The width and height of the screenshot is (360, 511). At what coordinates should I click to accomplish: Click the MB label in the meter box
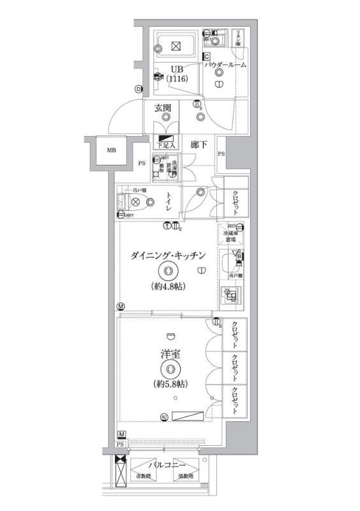pos(111,151)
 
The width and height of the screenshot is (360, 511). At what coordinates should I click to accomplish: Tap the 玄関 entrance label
pos(162,109)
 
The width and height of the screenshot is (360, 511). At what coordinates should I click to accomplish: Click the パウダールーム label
pos(225,65)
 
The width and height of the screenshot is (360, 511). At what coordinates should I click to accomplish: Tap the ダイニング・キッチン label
pos(168,256)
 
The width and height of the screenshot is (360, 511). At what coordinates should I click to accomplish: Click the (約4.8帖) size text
pos(169,286)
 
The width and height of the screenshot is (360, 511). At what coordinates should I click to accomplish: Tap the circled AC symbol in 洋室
pos(164,417)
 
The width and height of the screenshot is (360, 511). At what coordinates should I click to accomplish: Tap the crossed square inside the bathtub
pos(176,45)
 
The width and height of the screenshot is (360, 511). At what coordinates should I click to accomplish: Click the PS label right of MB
pos(141,164)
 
